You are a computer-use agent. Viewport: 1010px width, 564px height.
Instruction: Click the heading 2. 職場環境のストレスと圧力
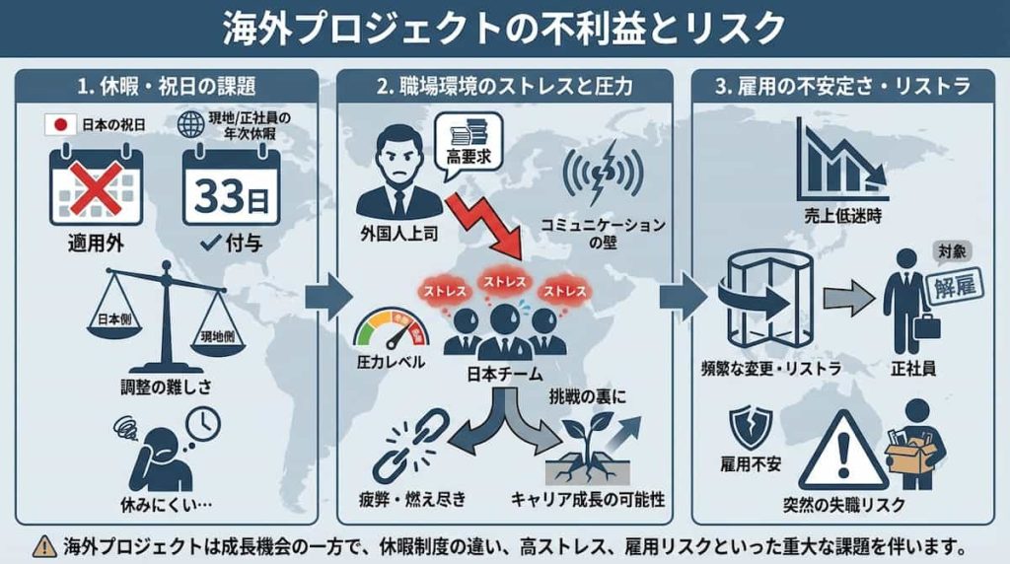point(504,86)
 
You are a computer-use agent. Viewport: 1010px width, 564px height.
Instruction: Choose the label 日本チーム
point(505,375)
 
